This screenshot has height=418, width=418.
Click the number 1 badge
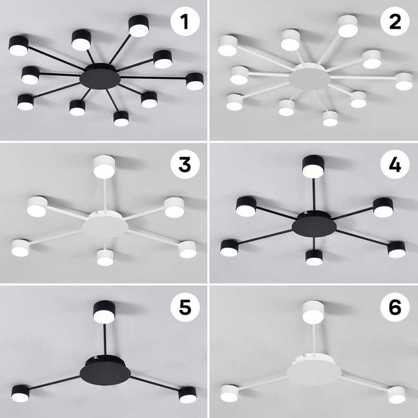[x=185, y=21]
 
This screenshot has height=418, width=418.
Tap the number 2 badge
[x=395, y=21]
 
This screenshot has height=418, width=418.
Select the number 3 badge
[x=185, y=164]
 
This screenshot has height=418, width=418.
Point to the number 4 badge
[x=395, y=164]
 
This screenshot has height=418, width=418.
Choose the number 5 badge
[x=185, y=306]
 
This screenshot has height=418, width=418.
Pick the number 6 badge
[x=395, y=306]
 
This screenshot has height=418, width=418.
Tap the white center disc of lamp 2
[x=309, y=79]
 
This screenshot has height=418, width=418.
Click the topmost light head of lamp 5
[x=104, y=312]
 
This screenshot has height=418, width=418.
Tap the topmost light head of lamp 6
[x=314, y=312]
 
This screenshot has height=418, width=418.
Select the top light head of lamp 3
[x=105, y=167]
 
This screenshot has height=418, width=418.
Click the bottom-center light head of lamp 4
[x=314, y=257]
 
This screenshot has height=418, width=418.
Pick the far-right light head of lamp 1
[x=195, y=81]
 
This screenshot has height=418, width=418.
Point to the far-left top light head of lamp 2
[x=228, y=45]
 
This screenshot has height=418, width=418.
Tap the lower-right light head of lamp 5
[x=188, y=395]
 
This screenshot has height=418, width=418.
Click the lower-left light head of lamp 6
[x=229, y=393]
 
